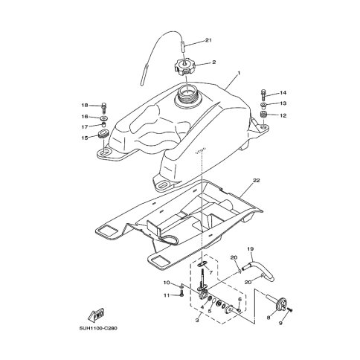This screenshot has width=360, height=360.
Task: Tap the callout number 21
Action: [208, 40]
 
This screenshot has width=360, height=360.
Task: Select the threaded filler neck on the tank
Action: [188, 97]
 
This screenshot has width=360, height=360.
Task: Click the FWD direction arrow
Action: [96, 314]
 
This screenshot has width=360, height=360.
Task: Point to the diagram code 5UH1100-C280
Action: [98, 328]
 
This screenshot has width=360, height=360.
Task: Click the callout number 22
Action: [256, 180]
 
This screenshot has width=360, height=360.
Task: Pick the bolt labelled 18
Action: [104, 107]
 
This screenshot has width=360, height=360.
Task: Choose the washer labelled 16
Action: [104, 118]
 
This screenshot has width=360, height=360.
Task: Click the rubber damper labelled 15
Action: [103, 134]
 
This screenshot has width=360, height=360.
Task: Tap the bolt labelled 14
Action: [263, 95]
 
